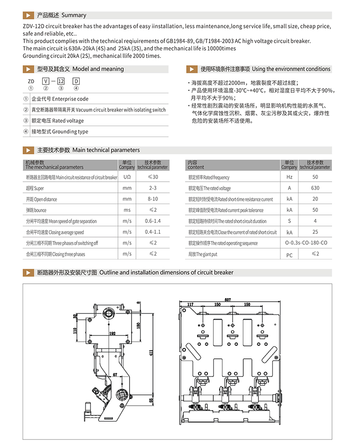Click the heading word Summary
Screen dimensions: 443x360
tap(74, 15)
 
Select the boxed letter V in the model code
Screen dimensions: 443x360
tap(45, 81)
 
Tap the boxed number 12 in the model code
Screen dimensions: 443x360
tap(61, 81)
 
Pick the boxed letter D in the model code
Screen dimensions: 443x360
tap(76, 81)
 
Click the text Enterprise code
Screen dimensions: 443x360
tap(70, 99)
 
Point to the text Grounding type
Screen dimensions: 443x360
tap(70, 132)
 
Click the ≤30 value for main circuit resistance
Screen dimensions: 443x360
tap(153, 177)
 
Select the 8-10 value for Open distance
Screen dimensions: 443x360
tap(153, 199)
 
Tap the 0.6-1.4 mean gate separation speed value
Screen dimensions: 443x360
tap(153, 221)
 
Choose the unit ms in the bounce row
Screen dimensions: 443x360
tap(127, 210)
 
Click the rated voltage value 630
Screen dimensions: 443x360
tap(315, 188)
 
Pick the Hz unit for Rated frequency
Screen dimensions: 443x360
tap(289, 177)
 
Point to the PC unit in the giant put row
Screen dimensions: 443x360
tap(289, 255)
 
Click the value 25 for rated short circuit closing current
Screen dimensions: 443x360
tap(315, 232)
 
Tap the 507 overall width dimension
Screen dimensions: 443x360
tap(228, 300)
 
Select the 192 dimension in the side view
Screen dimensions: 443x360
tap(112, 334)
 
